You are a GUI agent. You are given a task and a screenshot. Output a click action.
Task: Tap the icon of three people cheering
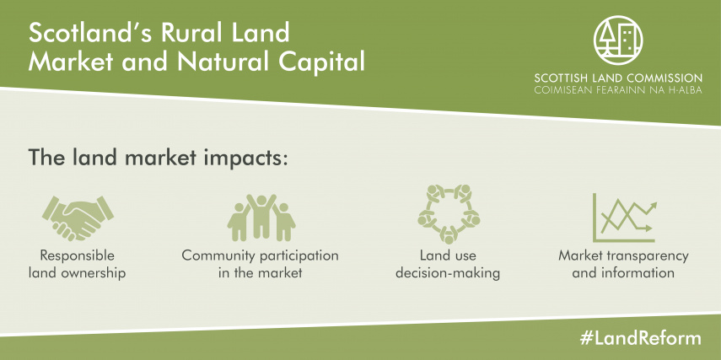coord(261,218)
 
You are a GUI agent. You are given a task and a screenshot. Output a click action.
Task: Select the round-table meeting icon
coord(449,214)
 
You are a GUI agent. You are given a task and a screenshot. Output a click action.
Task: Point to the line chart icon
coord(624,218)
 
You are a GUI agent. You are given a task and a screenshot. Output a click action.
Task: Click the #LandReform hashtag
coord(641,338)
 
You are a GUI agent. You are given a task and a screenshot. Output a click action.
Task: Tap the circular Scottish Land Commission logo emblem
coord(618,40)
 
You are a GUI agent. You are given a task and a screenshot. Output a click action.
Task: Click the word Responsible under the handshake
coord(78,255)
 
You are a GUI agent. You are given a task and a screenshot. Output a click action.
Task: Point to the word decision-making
coord(448,272)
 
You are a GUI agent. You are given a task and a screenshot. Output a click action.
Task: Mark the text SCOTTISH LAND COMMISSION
coord(618,78)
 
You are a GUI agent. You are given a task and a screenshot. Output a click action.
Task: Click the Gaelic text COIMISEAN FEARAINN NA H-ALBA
coord(618,90)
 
